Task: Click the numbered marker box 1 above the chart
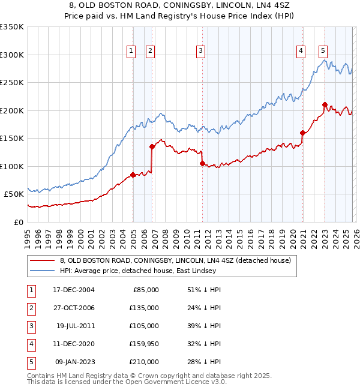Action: [x=131, y=52]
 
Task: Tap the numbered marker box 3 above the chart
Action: [x=200, y=52]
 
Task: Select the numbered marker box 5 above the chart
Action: [x=323, y=52]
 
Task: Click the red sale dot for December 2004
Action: [x=133, y=175]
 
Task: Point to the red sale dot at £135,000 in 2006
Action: [x=152, y=146]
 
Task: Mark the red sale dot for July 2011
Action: [x=202, y=163]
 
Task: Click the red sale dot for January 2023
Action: [x=325, y=104]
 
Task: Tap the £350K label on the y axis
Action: [x=12, y=27]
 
